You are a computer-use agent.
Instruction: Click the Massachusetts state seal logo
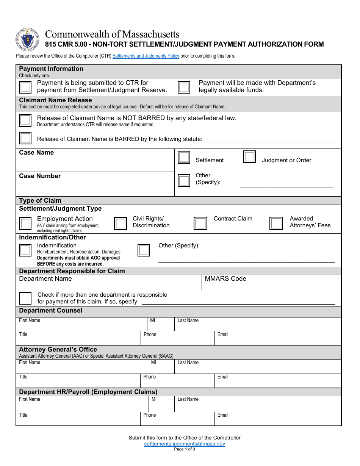(28, 40)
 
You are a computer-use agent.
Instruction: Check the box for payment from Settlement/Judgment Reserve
(25, 88)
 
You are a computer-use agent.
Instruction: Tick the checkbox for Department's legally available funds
(184, 88)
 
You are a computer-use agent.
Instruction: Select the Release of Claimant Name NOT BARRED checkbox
(25, 120)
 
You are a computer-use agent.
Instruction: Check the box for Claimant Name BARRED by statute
(25, 138)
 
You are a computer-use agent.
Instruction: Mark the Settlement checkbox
(184, 157)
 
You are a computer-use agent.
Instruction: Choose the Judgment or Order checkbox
(249, 157)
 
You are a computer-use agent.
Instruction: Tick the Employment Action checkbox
(25, 224)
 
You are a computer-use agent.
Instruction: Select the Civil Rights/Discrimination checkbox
(121, 224)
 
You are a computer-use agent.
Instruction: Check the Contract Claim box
(200, 224)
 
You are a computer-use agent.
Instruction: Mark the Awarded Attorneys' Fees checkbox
(276, 224)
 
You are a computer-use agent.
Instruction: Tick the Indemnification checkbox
(25, 250)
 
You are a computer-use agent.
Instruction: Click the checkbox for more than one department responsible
(25, 298)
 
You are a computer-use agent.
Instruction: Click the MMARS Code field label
(225, 279)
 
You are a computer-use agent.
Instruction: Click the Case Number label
(40, 176)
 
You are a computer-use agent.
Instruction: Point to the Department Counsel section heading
(50, 311)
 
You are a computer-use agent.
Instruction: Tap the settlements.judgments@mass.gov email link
(185, 444)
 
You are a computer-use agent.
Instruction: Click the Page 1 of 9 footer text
(185, 449)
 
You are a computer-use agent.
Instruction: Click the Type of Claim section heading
(40, 201)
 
